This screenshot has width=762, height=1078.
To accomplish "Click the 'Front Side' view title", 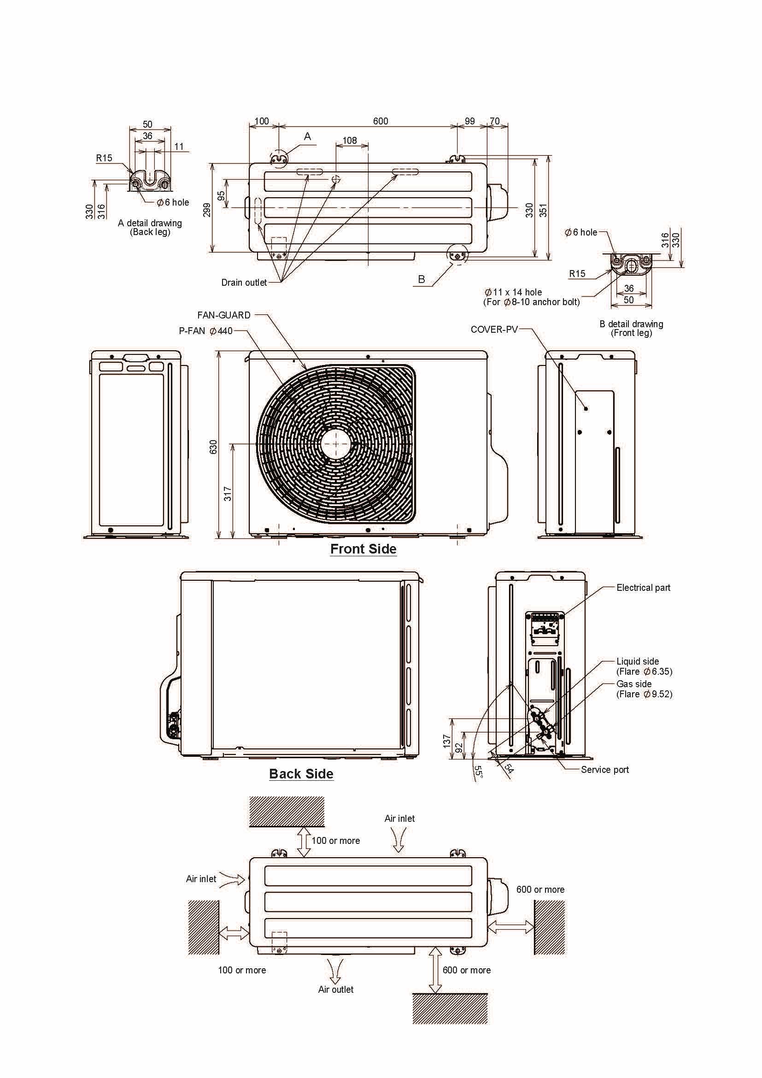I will (363, 549).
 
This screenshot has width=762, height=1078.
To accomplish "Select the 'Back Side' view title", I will (301, 774).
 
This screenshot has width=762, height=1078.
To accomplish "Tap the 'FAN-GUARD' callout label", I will (224, 315).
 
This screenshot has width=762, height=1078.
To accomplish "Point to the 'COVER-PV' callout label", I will (494, 330).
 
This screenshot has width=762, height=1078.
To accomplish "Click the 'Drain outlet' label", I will (244, 283).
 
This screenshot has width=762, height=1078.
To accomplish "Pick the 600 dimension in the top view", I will (381, 121).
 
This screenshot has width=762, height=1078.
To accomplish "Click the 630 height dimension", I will (213, 447).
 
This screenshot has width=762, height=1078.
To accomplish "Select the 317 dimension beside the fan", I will (228, 494).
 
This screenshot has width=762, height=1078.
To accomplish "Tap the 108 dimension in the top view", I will (350, 141).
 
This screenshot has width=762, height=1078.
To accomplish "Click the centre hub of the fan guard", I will (336, 444).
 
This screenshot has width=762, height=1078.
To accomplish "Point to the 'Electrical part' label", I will (643, 588).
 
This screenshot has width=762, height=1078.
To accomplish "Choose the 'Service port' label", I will (605, 770).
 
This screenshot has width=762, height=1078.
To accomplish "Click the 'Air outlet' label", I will (336, 989).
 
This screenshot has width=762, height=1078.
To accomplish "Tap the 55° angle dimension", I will (478, 772).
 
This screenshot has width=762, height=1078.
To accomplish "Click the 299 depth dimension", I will (206, 209).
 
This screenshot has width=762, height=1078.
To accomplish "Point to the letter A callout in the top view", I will (307, 136).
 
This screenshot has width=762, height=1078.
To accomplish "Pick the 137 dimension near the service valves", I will (447, 741).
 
